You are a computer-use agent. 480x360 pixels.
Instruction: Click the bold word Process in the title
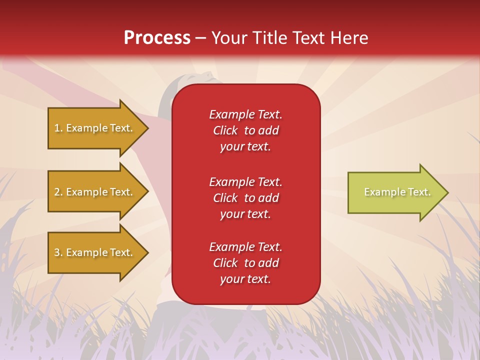pos(157,38)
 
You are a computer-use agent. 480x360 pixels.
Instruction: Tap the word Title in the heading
pos(269,37)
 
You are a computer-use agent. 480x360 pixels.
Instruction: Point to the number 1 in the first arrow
pos(57,128)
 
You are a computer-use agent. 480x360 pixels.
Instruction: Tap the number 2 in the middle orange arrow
pos(57,192)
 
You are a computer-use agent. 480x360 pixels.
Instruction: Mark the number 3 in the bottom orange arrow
pos(57,252)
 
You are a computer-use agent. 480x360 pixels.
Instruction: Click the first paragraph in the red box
pos(246,130)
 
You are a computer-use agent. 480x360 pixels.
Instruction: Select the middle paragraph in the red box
pos(246,198)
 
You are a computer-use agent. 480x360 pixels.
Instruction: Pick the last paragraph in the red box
pos(246,263)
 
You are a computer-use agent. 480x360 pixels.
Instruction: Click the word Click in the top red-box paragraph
pos(225,130)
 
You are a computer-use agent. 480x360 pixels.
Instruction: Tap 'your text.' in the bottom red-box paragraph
pos(245,279)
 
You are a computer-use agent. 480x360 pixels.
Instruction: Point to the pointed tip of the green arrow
pos(448,192)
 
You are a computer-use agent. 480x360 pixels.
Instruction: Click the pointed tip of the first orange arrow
pos(148,128)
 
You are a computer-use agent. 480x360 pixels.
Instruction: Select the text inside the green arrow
pos(397,192)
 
